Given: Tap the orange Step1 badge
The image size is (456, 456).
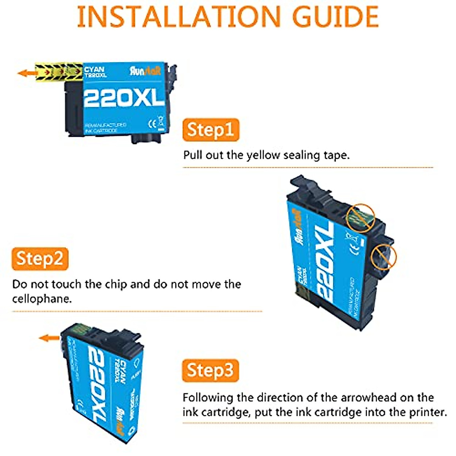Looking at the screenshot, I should pyautogui.click(x=211, y=130).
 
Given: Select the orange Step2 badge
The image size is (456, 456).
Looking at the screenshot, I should pyautogui.click(x=40, y=259).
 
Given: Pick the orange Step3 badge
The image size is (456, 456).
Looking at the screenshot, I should pyautogui.click(x=210, y=370).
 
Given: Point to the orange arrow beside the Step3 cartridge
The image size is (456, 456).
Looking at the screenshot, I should pyautogui.click(x=49, y=337).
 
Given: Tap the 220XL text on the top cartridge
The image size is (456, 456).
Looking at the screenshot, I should pyautogui.click(x=123, y=99).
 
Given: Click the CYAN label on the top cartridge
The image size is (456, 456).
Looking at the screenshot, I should pyautogui.click(x=94, y=70).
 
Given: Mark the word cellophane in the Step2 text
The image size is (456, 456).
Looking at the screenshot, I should pyautogui.click(x=42, y=299).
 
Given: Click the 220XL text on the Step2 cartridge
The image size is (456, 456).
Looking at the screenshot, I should pyautogui.click(x=325, y=263).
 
